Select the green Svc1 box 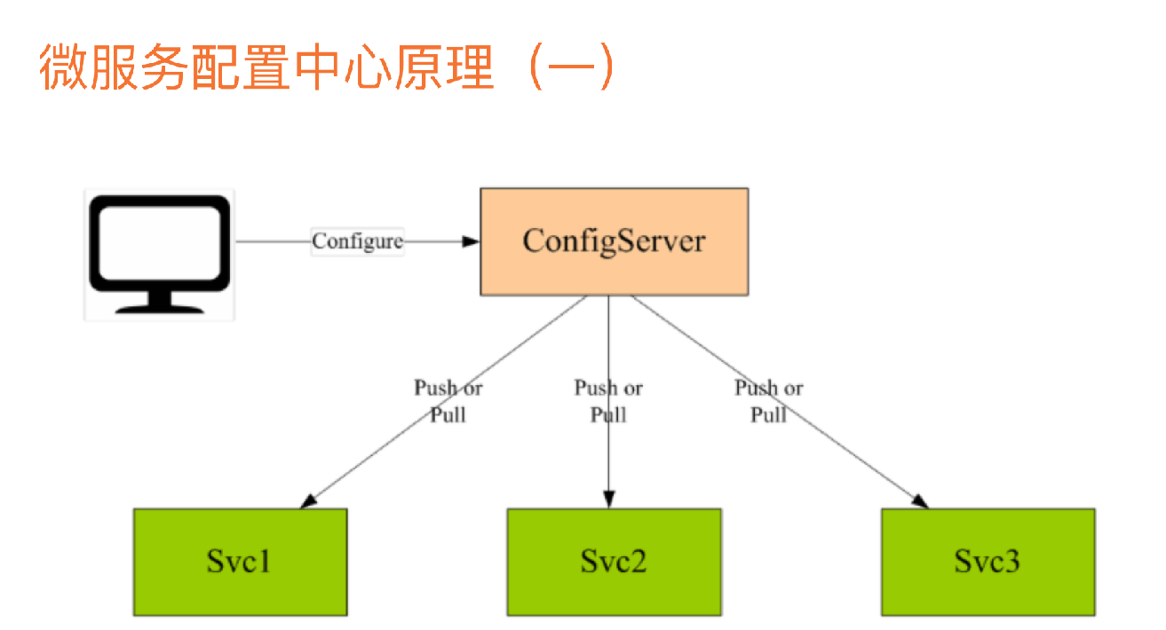tap(240, 561)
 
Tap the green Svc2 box tap(614, 561)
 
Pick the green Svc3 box tap(988, 561)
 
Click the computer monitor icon tap(160, 254)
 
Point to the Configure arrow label tap(357, 241)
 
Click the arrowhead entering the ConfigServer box tap(472, 241)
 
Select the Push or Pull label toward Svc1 tap(448, 401)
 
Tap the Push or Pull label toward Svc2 tap(608, 401)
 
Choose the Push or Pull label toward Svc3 tap(769, 401)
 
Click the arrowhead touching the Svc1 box tap(308, 501)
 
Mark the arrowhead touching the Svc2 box tap(608, 500)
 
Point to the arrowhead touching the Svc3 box tap(921, 501)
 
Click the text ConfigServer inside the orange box tap(614, 240)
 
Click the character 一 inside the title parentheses tap(563, 67)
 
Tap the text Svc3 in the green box tap(988, 562)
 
